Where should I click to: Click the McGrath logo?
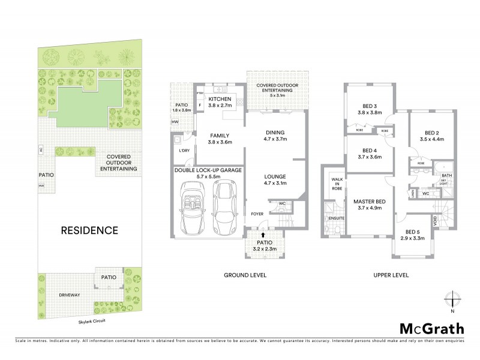pyautogui.click(x=431, y=328)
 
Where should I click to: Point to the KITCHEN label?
pyautogui.click(x=220, y=98)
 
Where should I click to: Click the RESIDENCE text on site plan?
pyautogui.click(x=88, y=230)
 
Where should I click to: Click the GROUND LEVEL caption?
pyautogui.click(x=246, y=275)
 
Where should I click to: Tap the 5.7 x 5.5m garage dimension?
pyautogui.click(x=208, y=177)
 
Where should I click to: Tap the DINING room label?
pyautogui.click(x=274, y=133)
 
